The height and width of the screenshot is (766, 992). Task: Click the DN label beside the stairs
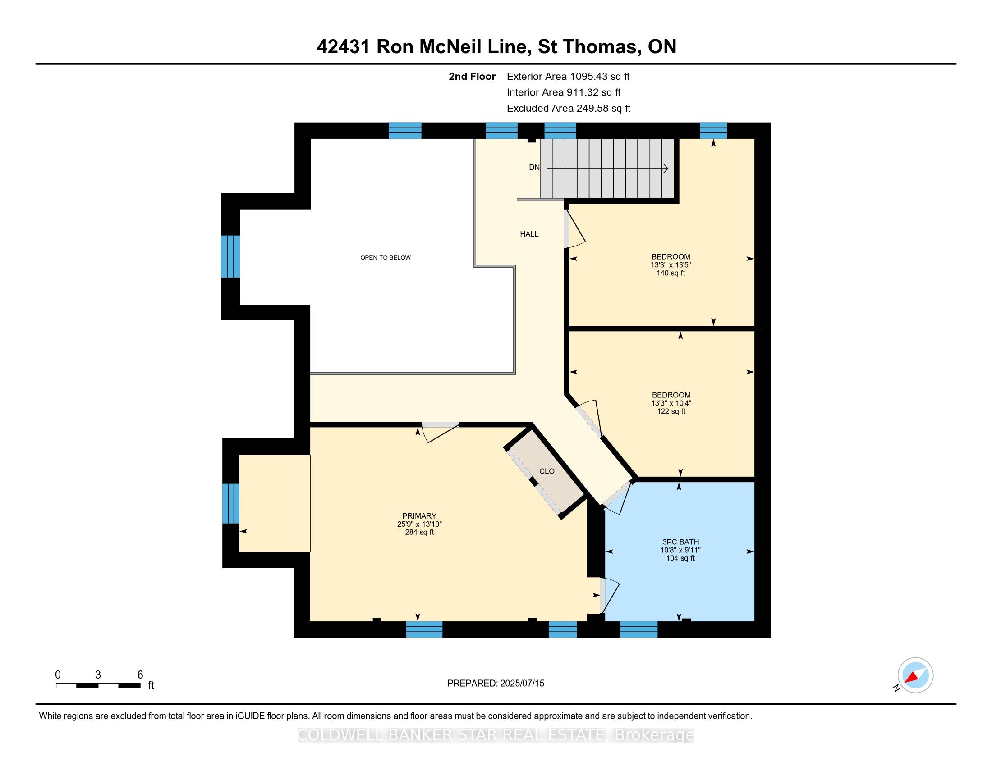[534, 168]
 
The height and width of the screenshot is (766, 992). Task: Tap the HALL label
[529, 234]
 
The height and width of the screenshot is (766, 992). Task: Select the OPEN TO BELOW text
[385, 258]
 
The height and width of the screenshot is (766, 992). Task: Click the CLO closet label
[547, 471]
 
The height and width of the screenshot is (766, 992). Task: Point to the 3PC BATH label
[680, 542]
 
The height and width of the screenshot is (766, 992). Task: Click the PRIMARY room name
[419, 516]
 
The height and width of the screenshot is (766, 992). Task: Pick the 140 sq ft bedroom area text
[671, 273]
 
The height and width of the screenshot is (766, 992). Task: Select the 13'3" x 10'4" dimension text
[671, 403]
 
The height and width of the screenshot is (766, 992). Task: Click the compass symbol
[915, 675]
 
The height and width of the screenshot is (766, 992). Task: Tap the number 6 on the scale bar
[140, 675]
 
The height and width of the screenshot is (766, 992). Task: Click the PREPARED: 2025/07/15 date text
[496, 684]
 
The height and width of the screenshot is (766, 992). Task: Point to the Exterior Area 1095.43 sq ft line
[568, 77]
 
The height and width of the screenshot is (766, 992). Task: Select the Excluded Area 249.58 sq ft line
[568, 109]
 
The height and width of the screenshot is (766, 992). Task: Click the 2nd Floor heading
[472, 77]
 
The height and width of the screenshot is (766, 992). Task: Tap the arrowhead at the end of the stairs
[666, 169]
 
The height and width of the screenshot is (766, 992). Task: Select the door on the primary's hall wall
[440, 431]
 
